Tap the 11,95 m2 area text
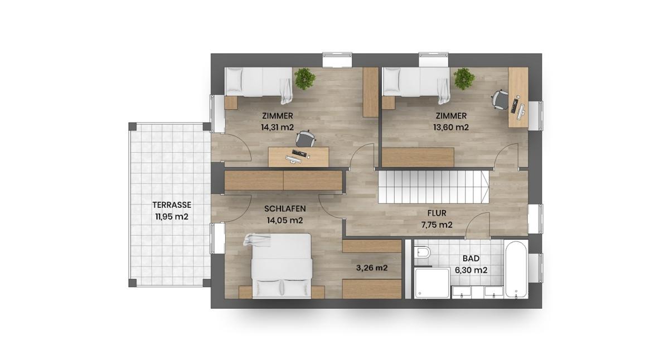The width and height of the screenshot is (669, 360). click(172, 217)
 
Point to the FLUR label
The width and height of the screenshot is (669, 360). click(437, 213)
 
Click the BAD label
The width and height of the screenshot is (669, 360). click(471, 259)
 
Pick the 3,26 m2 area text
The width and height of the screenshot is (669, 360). click(372, 267)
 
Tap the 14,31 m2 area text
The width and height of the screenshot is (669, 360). click(277, 127)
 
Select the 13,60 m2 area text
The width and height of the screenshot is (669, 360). click(450, 127)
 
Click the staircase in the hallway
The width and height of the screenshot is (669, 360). click(433, 187)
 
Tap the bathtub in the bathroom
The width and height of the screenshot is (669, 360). click(516, 269)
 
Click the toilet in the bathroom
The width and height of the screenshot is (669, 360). click(423, 254)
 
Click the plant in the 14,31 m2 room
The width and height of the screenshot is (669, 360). click(304, 79)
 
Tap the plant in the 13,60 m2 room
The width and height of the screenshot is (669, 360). click(464, 79)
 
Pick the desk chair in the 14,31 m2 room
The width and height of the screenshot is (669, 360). click(304, 139)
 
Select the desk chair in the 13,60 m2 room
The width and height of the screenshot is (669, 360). click(500, 99)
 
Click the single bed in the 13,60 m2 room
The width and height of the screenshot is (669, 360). click(417, 83)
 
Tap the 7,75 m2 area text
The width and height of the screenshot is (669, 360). click(437, 225)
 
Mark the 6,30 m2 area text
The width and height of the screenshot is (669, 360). click(471, 270)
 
